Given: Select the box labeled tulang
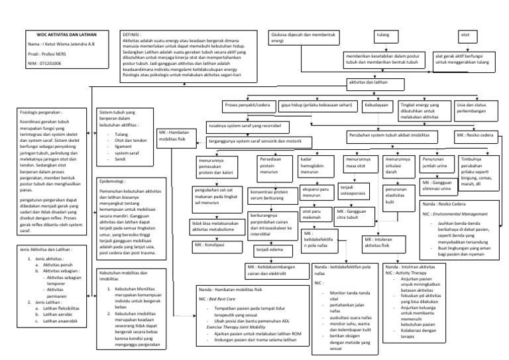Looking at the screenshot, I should coord(383,33).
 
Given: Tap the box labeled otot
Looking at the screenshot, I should coord(465,33).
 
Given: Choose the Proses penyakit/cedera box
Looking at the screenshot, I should coord(246,105).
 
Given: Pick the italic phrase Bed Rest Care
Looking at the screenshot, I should coord(225,300).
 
